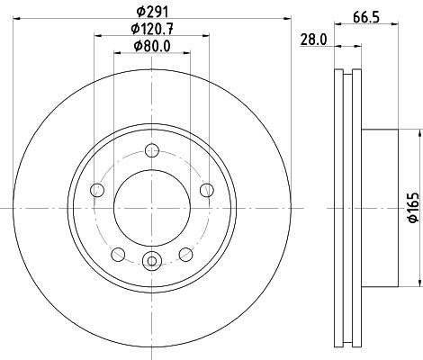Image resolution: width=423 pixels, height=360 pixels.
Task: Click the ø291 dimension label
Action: pos(151,13)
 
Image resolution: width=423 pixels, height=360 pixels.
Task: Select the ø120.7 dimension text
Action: pos(151,31)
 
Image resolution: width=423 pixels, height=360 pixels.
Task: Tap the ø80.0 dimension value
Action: pos(151,47)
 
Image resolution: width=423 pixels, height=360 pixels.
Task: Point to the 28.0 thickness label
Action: pos(311,40)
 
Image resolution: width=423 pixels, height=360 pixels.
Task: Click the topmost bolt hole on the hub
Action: pos(151,150)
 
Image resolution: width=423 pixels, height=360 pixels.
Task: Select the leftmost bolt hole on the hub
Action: pos(97,189)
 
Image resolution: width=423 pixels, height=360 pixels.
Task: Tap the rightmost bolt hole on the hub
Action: pos(206,189)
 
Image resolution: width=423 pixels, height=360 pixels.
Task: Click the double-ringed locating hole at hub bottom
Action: pos(151,263)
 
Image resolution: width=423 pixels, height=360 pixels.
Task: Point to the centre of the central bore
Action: pos(151,207)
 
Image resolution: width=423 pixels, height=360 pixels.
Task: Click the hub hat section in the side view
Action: pos(378,207)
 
